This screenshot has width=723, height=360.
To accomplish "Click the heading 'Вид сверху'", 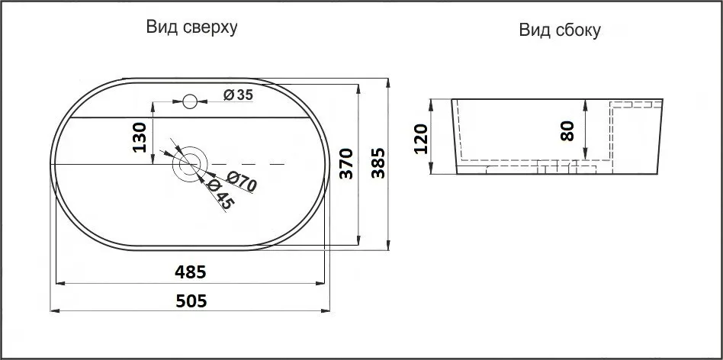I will pyautogui.click(x=192, y=28).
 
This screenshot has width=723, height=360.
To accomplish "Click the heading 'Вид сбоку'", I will pyautogui.click(x=560, y=31).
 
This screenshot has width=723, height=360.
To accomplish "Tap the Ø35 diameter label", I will pyautogui.click(x=239, y=95).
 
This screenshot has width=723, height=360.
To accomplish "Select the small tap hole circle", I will pyautogui.click(x=191, y=99).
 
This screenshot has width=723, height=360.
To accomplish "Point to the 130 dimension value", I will pyautogui.click(x=140, y=138).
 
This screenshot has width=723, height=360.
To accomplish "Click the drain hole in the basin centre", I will pyautogui.click(x=189, y=163).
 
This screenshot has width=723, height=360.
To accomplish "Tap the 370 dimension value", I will pyautogui.click(x=345, y=164).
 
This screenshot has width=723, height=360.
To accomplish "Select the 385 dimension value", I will pyautogui.click(x=378, y=162).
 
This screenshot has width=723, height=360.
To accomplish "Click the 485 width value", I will pyautogui.click(x=191, y=271).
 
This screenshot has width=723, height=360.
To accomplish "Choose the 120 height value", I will pyautogui.click(x=420, y=138).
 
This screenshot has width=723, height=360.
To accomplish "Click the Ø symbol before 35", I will pyautogui.click(x=228, y=95).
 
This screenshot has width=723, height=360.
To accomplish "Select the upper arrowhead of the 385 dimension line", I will pyautogui.click(x=389, y=82).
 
